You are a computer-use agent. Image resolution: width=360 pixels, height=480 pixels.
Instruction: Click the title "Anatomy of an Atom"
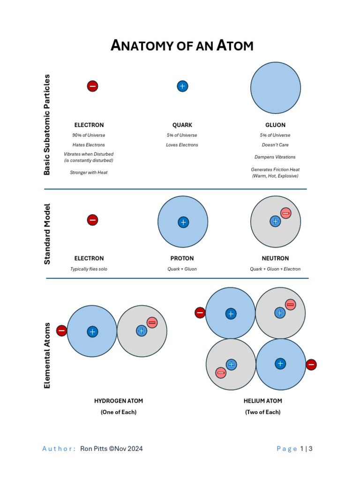point(182,45)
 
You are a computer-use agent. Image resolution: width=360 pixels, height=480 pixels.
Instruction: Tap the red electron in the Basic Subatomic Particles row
point(93,86)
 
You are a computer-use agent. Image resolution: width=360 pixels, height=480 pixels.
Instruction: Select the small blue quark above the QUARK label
point(182,86)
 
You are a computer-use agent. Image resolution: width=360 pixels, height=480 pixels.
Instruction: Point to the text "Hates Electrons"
point(89,145)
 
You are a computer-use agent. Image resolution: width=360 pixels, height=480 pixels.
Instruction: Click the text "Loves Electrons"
point(182,145)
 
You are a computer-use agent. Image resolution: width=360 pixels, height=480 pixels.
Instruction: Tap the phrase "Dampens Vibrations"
point(275,157)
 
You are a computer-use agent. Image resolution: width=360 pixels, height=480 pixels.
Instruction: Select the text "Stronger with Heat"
point(89,172)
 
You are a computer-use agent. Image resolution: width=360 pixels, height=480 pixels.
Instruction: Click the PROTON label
point(182,258)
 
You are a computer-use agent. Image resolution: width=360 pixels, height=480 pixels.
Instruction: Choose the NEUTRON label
point(275,258)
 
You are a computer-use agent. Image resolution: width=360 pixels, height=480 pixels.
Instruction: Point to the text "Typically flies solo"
point(89,269)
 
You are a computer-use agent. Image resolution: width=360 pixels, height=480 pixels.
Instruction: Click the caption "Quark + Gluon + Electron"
point(275,269)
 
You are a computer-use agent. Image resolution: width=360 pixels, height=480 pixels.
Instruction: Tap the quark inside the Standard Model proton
point(183,222)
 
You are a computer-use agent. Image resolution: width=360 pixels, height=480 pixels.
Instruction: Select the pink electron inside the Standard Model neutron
point(285,213)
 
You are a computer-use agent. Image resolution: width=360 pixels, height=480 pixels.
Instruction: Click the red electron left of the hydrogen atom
point(61,331)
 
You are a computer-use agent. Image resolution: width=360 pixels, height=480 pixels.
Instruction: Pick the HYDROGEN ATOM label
point(119,401)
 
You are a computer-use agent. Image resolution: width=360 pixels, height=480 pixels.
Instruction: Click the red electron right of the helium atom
point(311,365)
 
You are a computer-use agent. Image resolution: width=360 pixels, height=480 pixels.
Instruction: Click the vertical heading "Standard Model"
point(47,233)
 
